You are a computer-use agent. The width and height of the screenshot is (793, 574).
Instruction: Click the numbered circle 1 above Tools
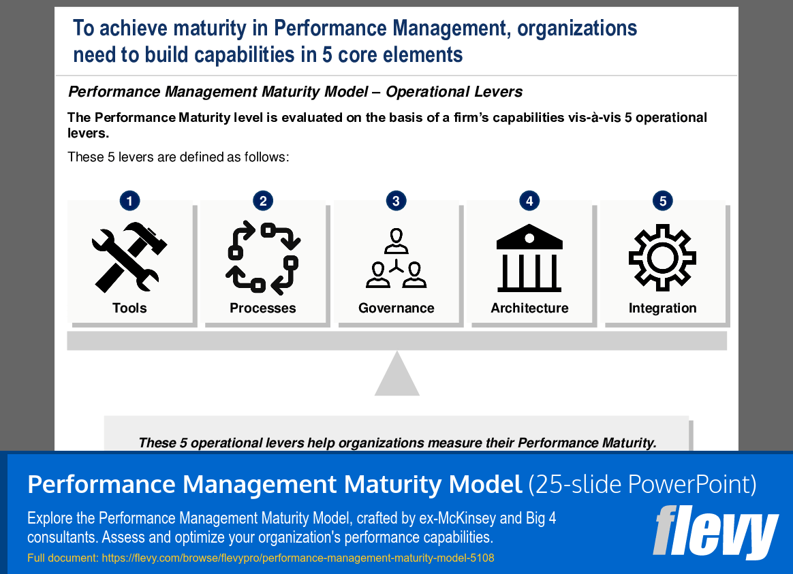129,201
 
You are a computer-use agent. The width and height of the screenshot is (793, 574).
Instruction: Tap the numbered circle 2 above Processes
262,201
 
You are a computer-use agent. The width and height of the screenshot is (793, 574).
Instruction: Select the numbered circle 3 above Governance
396,201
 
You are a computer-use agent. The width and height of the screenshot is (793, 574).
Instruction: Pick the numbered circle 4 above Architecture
529,201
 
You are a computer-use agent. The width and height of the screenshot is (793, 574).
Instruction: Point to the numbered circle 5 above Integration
662,201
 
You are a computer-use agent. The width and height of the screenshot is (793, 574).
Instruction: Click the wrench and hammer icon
129,257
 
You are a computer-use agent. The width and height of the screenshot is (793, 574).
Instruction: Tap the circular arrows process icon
263,257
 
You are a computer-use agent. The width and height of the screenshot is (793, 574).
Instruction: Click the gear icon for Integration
662,257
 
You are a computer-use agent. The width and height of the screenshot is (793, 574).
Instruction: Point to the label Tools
129,308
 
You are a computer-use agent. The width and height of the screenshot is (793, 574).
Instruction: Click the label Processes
263,308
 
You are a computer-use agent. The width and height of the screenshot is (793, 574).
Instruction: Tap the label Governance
396,308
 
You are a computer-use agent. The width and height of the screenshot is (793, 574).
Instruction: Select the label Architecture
529,308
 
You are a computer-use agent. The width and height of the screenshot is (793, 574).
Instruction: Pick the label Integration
663,308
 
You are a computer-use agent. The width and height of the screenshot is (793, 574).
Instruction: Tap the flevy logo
715,532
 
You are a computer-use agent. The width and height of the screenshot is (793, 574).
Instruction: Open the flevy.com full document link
298,558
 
